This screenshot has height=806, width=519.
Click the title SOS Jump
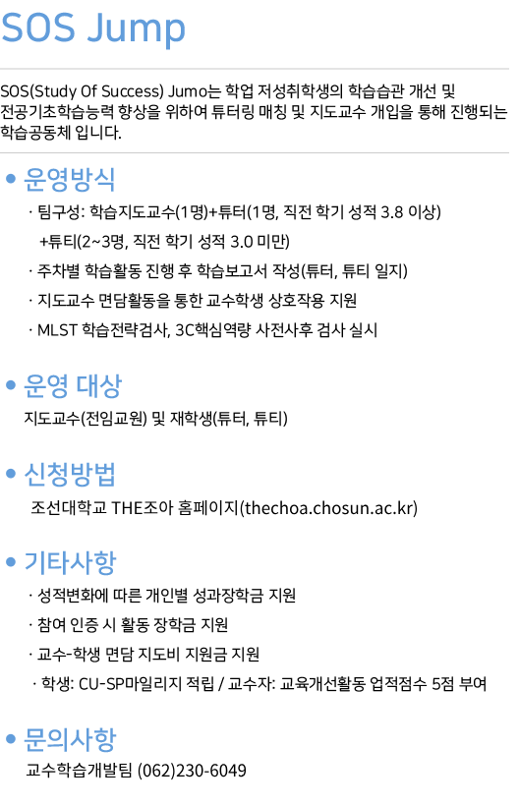[x=93, y=29]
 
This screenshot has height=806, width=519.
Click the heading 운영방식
[x=70, y=179]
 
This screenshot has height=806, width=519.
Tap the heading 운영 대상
[x=73, y=385]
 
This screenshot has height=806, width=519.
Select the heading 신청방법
[x=70, y=474]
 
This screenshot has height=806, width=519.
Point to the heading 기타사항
[x=70, y=562]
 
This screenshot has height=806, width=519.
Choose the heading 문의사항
[x=70, y=739]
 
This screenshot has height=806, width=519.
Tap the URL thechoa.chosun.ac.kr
[x=328, y=508]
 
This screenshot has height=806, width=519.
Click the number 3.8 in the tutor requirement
[x=391, y=211]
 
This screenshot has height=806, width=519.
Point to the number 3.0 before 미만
[x=241, y=241]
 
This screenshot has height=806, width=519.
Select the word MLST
[x=57, y=329]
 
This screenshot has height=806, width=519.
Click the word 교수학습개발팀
[x=80, y=770]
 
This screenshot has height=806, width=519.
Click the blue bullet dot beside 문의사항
[x=11, y=739]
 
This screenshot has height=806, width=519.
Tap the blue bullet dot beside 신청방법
[x=11, y=474]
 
